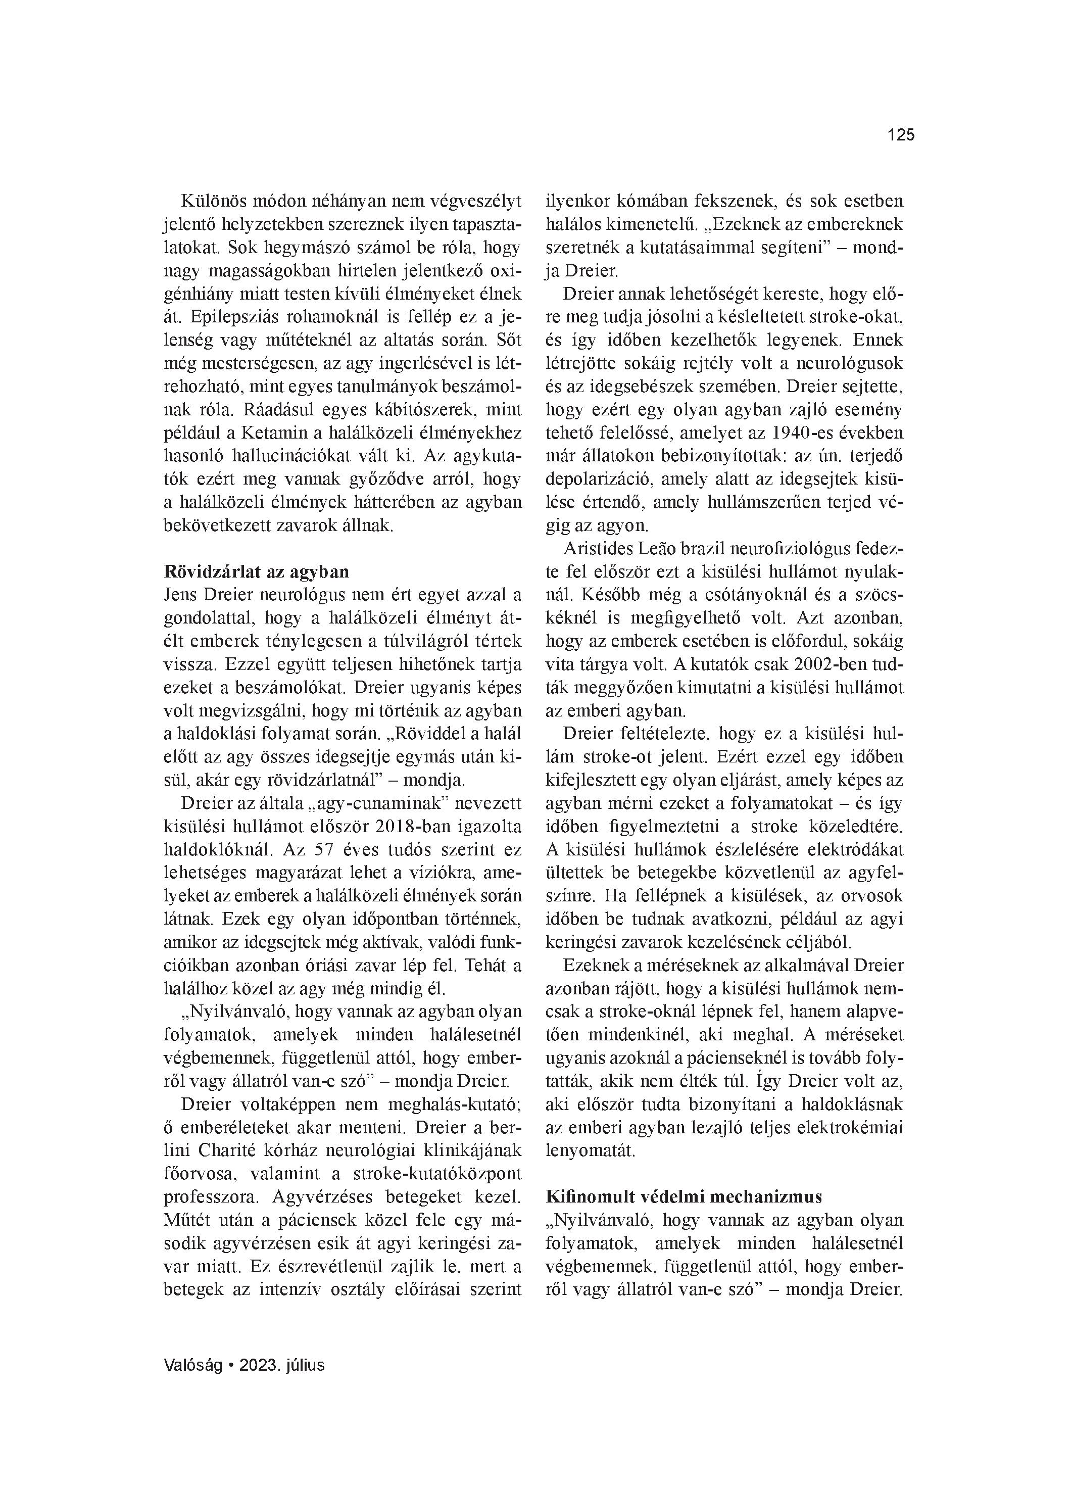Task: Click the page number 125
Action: [900, 135]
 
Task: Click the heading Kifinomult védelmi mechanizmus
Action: [685, 1196]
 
